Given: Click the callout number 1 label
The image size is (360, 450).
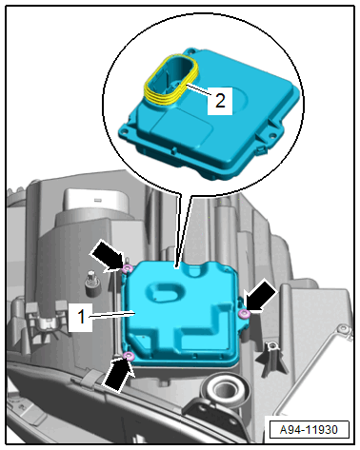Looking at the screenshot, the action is click(x=82, y=317).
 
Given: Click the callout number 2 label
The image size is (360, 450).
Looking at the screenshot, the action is click(x=220, y=100).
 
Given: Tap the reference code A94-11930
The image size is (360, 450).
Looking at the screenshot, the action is click(x=309, y=430).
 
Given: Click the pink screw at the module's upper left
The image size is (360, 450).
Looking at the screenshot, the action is click(x=128, y=269).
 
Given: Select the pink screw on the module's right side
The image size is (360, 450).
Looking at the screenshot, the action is click(x=244, y=314).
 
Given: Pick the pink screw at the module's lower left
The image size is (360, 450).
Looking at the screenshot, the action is click(x=129, y=356).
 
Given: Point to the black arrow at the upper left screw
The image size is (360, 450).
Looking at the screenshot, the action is click(x=107, y=256).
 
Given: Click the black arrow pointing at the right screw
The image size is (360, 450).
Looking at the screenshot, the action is click(x=262, y=298).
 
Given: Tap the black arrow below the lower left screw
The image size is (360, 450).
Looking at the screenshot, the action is click(x=117, y=374).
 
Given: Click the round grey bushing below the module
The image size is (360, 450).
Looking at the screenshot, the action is click(x=225, y=389).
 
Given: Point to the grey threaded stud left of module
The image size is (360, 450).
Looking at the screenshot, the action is click(x=91, y=283).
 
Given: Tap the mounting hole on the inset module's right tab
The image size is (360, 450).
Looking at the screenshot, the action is click(x=272, y=136).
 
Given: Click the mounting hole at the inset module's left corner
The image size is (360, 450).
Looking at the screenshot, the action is click(x=125, y=130).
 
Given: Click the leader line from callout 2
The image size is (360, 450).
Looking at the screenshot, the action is click(x=198, y=89).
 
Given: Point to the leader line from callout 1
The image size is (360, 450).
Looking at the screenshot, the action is click(x=112, y=315).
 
